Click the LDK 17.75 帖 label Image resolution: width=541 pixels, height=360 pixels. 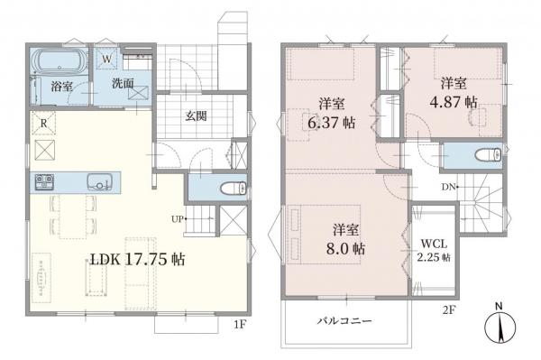(137, 260)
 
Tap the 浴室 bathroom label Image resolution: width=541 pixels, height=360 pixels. (61, 88)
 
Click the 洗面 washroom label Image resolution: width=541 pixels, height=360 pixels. (123, 82)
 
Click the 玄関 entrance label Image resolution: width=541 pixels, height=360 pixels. (197, 115)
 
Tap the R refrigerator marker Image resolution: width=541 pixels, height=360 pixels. (42, 124)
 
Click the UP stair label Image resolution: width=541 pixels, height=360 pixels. (179, 219)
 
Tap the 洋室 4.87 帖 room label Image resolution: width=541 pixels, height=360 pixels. (454, 93)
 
